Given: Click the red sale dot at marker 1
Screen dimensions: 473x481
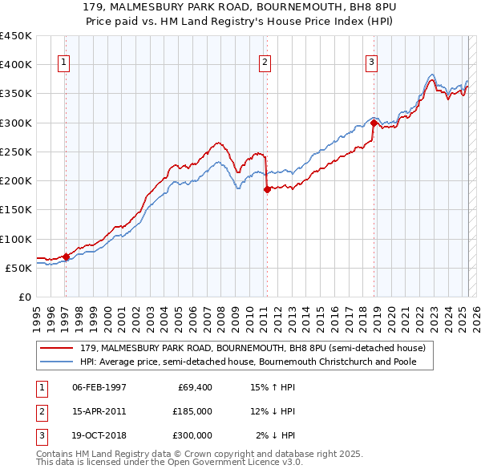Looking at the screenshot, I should click(66, 257).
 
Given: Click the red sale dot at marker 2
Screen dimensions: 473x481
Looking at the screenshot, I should click(267, 190).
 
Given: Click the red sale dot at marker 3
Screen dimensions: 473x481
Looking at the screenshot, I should click(374, 123).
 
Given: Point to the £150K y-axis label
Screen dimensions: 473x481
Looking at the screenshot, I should click(16, 210).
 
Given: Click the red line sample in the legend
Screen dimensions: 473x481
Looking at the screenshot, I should click(58, 348).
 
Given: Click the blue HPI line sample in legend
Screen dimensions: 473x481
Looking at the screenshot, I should click(58, 362).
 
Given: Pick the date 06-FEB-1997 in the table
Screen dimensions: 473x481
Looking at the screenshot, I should click(99, 387).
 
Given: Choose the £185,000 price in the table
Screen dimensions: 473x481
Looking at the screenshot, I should click(193, 411).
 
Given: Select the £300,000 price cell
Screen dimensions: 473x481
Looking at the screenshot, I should click(193, 435).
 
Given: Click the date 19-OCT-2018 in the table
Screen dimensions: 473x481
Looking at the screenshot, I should click(99, 435).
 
